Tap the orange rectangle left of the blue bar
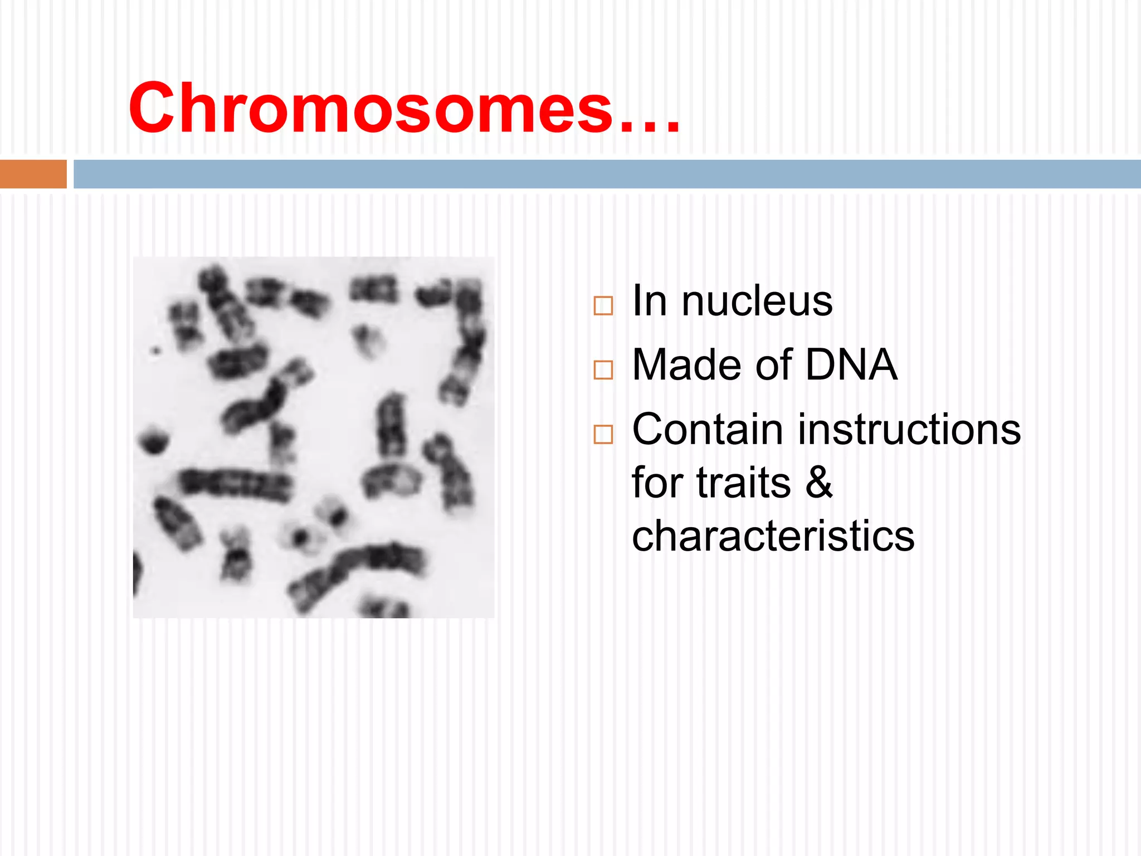point(33,174)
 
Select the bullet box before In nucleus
point(603,306)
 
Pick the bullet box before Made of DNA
point(603,370)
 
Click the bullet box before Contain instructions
point(603,434)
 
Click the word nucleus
point(757,301)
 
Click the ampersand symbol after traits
point(819,483)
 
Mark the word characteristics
point(773,536)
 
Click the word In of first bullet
point(650,301)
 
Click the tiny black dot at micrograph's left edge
point(156,351)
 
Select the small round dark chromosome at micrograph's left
point(153,440)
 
